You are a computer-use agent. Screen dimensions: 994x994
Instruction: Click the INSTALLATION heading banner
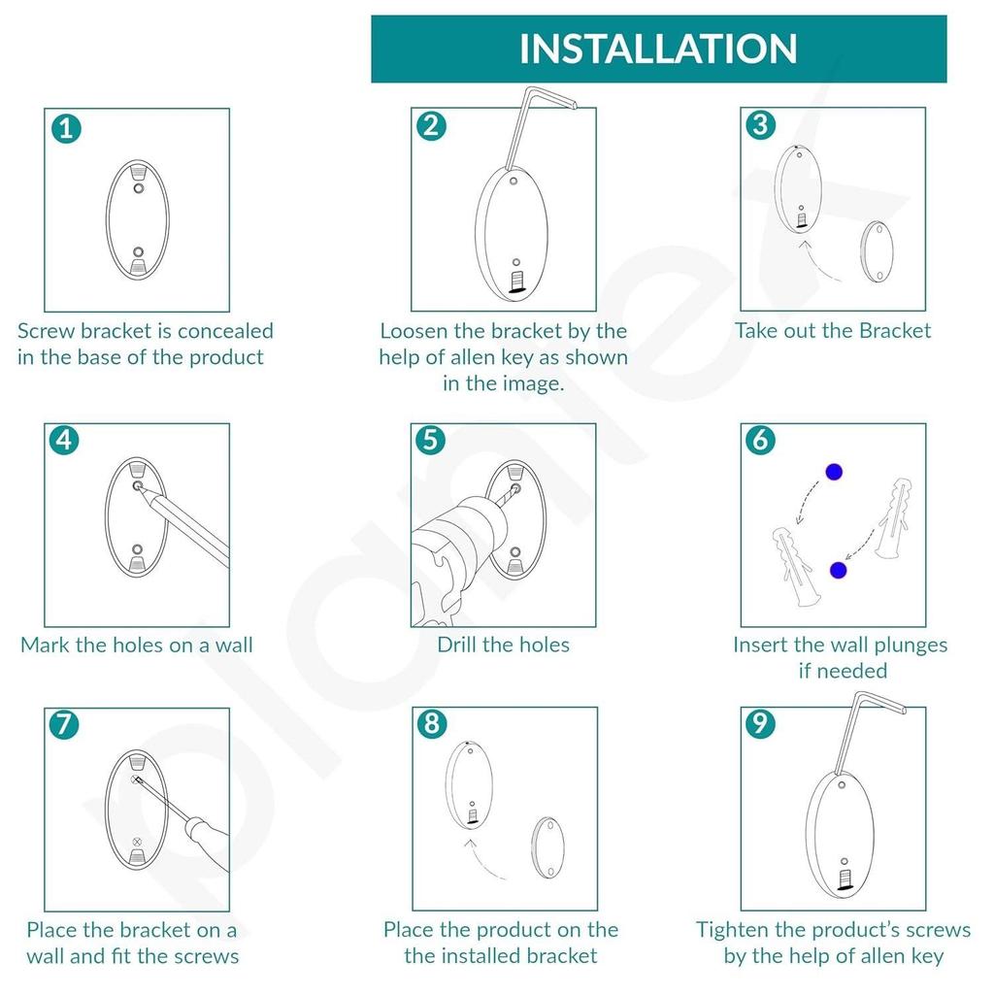[x=658, y=49]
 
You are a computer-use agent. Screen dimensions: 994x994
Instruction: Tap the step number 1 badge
[x=66, y=127]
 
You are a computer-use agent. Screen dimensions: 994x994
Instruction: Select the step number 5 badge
[x=431, y=441]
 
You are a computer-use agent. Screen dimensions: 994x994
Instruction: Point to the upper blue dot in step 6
[x=833, y=473]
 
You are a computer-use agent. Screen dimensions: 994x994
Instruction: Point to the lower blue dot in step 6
[x=838, y=570]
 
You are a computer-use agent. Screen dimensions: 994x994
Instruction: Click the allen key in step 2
[x=525, y=126]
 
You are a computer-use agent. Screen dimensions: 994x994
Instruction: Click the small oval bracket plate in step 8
[x=547, y=847]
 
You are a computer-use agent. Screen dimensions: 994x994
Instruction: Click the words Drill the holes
[x=503, y=645]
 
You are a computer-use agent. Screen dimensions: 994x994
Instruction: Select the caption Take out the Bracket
[x=832, y=331]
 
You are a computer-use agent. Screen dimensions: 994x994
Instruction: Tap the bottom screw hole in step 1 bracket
[x=137, y=251]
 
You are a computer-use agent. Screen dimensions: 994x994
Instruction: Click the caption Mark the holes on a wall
[x=137, y=645]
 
